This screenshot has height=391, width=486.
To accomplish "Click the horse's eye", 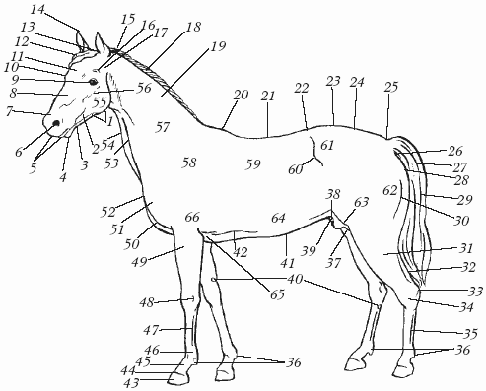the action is click(93, 81).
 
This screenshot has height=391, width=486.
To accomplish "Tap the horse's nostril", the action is click(56, 123).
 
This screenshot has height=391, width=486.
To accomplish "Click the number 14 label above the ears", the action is click(37, 10).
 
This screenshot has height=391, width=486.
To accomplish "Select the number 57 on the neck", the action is click(162, 127).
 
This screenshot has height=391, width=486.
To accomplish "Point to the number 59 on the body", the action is click(253, 164).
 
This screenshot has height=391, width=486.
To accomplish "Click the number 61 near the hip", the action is click(327, 145).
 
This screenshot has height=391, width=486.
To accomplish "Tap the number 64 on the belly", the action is click(279, 218).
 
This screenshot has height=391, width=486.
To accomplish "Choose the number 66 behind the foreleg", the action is click(192, 217).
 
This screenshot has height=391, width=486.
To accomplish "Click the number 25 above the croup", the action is click(391, 87).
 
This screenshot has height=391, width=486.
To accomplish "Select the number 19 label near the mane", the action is click(218, 46).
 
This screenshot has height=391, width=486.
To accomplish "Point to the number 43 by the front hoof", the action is click(131, 383).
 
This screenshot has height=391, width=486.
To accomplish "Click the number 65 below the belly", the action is click(277, 294).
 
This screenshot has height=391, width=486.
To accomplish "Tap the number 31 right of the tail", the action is click(465, 248).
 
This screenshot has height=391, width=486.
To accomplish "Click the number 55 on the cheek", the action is click(101, 102).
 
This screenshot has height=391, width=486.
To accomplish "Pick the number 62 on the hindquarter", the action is click(390, 190).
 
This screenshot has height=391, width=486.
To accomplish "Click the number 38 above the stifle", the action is click(333, 194).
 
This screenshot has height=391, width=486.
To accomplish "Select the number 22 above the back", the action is click(302, 88).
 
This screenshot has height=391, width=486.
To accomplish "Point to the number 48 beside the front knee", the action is click(147, 302).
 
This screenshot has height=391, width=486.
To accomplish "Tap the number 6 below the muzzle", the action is click(19, 152).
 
